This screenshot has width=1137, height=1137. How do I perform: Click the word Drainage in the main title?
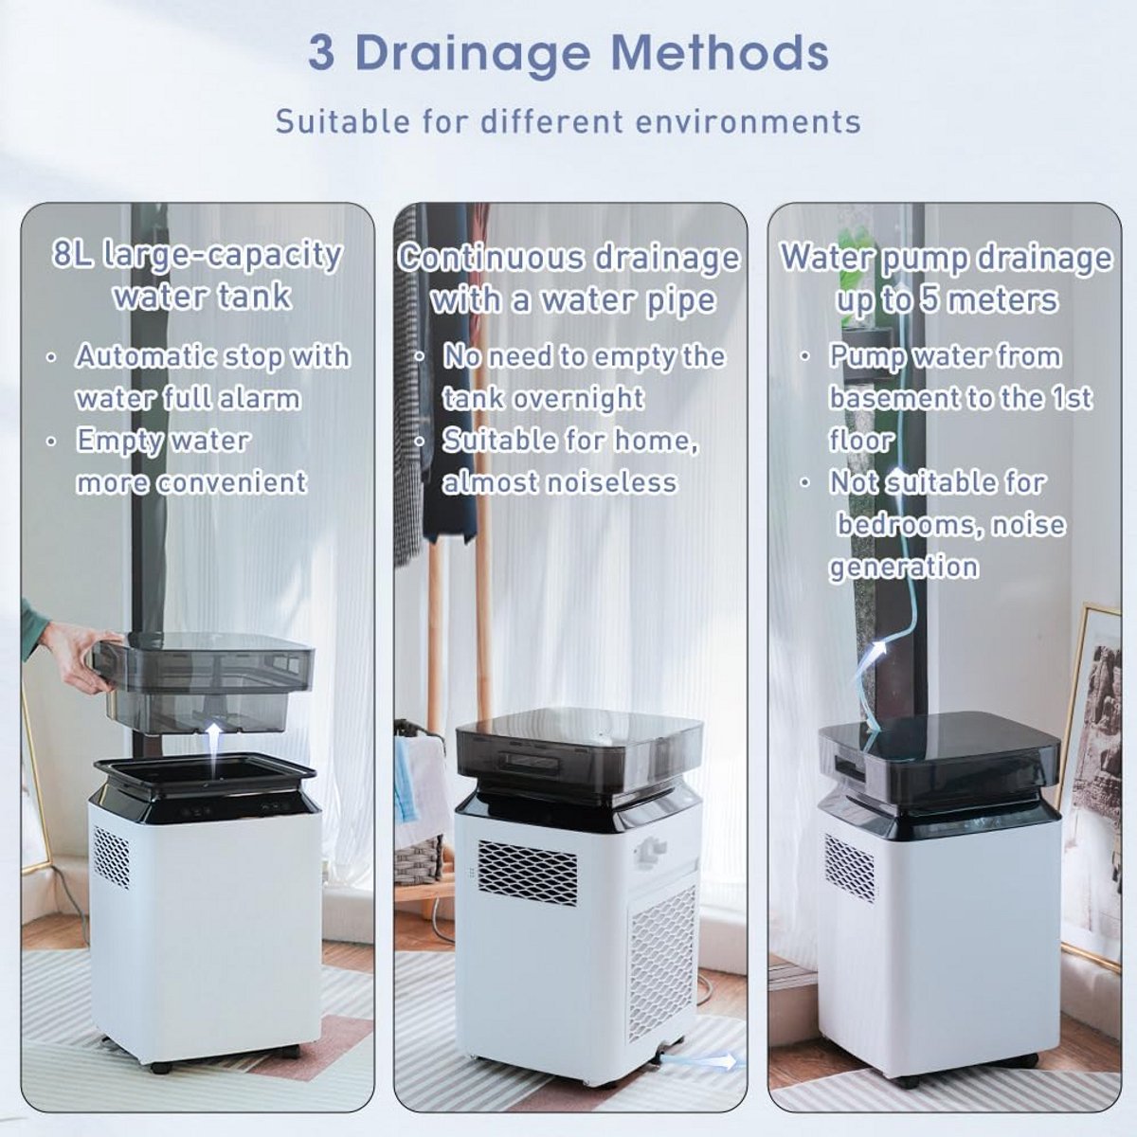[472, 54]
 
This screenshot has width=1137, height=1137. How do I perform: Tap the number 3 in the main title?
[321, 53]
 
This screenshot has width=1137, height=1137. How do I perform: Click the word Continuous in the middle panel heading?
[491, 258]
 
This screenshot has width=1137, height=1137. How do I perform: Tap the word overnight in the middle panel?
[578, 398]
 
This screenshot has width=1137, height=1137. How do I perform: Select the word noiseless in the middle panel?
[610, 482]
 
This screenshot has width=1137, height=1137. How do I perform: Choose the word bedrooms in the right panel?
[907, 524]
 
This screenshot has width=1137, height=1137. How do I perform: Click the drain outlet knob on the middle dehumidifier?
[648, 850]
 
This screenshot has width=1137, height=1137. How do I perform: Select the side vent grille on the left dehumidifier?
[111, 857]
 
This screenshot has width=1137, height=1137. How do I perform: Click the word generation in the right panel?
[904, 567]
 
